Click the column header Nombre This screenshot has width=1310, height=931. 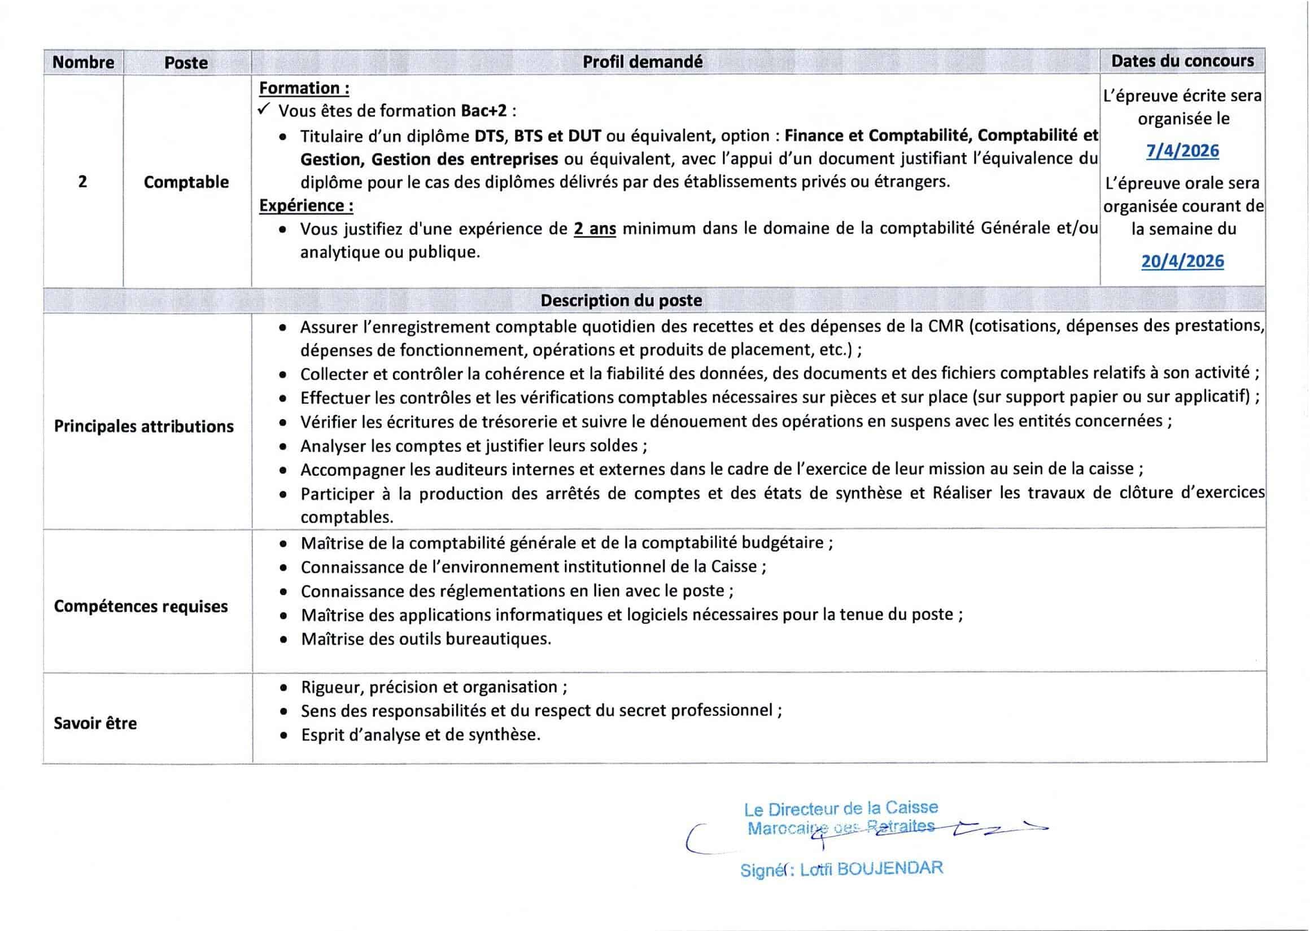[83, 62]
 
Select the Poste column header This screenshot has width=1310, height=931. [186, 63]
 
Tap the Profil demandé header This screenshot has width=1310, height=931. [643, 62]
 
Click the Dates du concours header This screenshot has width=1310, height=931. [1183, 61]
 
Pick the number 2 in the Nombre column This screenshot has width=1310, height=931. [82, 182]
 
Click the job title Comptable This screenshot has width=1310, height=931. [186, 182]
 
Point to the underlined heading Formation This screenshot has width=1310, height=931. [304, 88]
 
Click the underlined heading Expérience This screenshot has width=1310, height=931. [306, 205]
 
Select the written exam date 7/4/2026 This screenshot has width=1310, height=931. [1183, 151]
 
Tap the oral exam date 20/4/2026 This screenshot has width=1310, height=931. [1183, 261]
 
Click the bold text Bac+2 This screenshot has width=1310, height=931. [484, 111]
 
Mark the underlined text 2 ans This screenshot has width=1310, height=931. [595, 229]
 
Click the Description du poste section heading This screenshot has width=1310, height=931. [621, 300]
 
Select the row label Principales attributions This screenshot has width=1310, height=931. [143, 427]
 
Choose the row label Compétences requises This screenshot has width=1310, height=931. [141, 607]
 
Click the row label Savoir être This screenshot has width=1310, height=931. [95, 723]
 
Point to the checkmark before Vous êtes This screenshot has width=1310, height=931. [264, 109]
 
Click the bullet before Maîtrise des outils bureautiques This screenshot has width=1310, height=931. [283, 640]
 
